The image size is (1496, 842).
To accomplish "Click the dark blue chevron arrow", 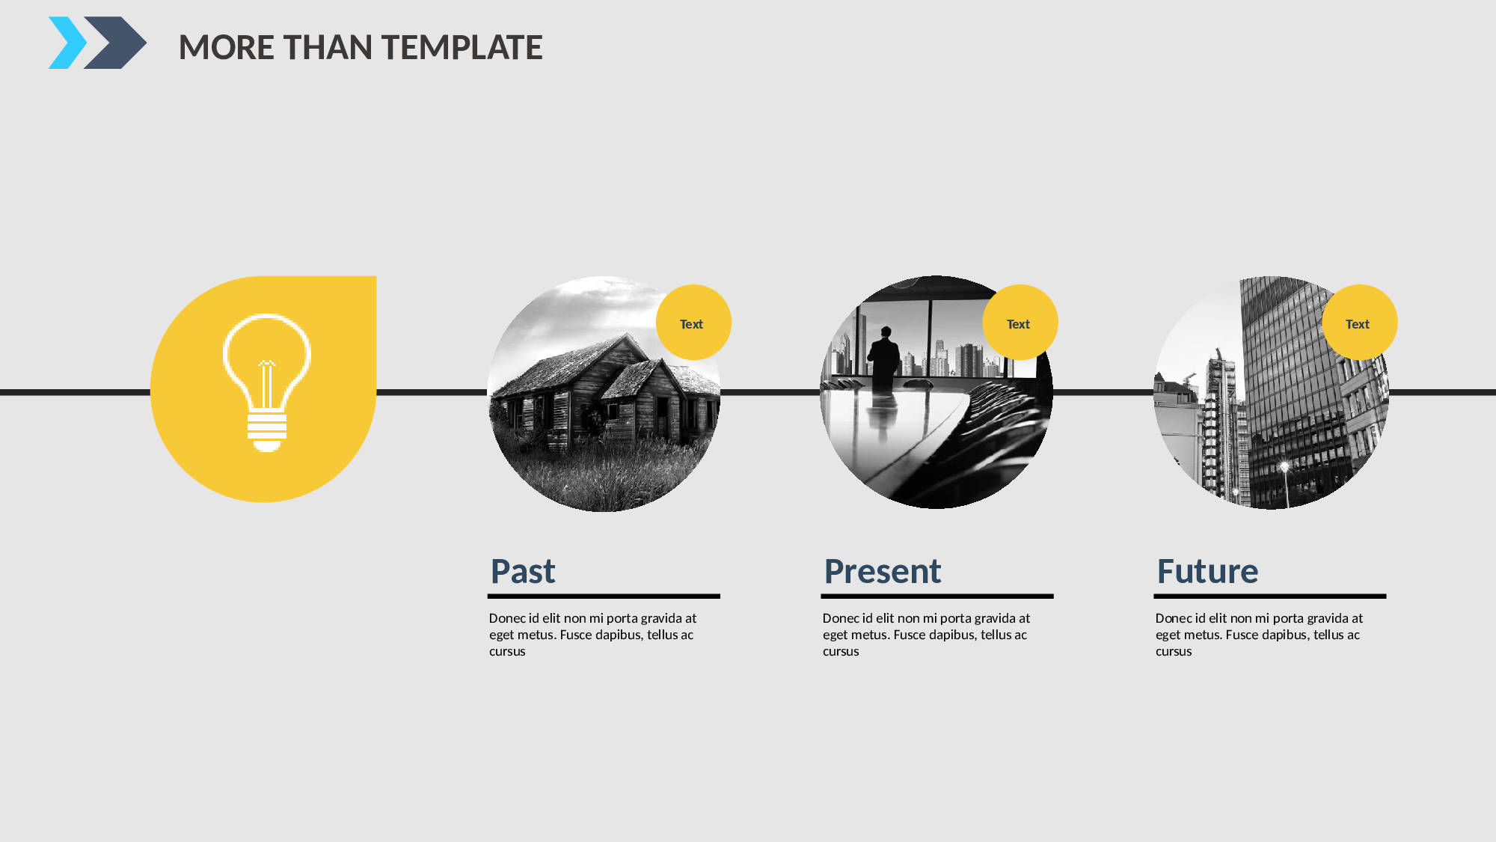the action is pos(115,43).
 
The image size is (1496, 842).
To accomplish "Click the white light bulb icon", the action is pos(266,382).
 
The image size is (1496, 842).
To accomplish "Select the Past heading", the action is pos(523,571).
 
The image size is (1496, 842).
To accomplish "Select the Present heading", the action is pos(883,571).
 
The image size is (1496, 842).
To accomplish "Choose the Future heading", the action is pos(1208,571).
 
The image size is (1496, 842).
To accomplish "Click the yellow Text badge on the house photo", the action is pos(693,323).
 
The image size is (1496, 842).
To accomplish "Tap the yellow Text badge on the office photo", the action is pos(1020,323).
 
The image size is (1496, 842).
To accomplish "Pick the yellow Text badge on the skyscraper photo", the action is pos(1360,323).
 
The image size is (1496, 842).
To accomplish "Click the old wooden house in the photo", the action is pos(606,393).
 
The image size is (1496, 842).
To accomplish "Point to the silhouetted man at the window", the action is pos(885,359).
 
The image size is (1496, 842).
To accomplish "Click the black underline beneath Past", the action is pos(604,597).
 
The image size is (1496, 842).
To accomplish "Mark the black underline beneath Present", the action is pos(937,597).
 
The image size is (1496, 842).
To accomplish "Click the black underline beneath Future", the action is pos(1270,597).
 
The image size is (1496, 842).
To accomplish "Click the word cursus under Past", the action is pos(507,652).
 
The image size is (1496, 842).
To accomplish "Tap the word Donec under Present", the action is pos(841,618).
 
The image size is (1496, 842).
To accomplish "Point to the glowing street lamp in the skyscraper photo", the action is pos(1285,468).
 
